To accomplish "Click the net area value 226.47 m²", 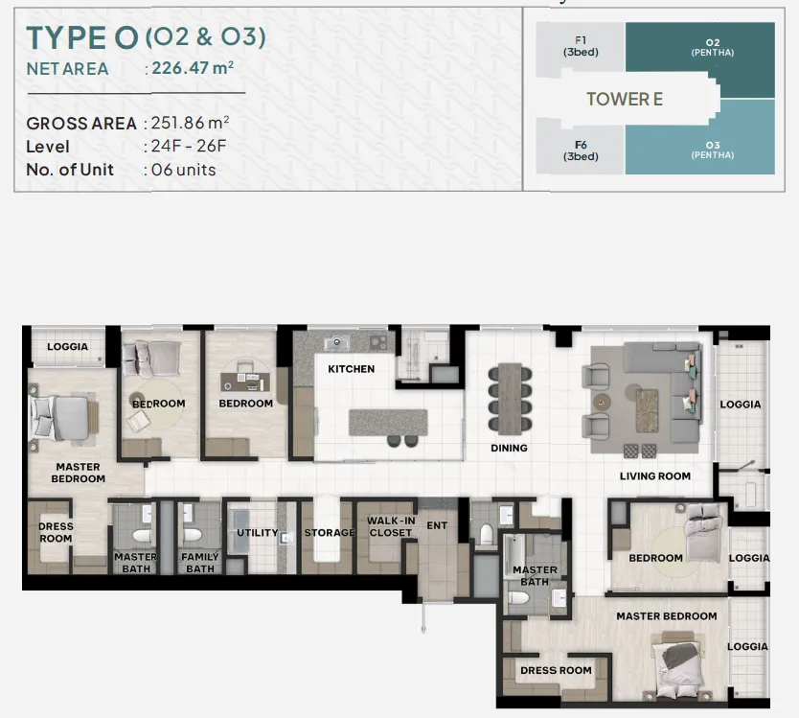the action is pyautogui.click(x=193, y=68).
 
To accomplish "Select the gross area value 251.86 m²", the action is pyautogui.click(x=190, y=123).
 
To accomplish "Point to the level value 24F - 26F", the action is pyautogui.click(x=189, y=147).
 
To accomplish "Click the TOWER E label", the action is pyautogui.click(x=625, y=99).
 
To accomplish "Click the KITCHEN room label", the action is pyautogui.click(x=351, y=369).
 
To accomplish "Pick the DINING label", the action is pyautogui.click(x=509, y=448).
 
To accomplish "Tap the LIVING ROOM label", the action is pyautogui.click(x=655, y=475).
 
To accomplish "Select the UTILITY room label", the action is pyautogui.click(x=258, y=532).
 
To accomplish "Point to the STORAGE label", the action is pyautogui.click(x=330, y=532).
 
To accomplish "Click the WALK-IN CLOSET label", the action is pyautogui.click(x=391, y=526).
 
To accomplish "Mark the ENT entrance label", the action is pyautogui.click(x=437, y=525).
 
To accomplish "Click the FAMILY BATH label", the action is pyautogui.click(x=199, y=563).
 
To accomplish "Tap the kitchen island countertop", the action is pyautogui.click(x=388, y=423).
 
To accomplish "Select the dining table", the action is pyautogui.click(x=510, y=399).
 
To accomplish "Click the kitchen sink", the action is pyautogui.click(x=337, y=342).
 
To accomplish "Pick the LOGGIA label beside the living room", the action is pyautogui.click(x=741, y=404).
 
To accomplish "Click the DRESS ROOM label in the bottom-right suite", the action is pyautogui.click(x=556, y=670).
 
